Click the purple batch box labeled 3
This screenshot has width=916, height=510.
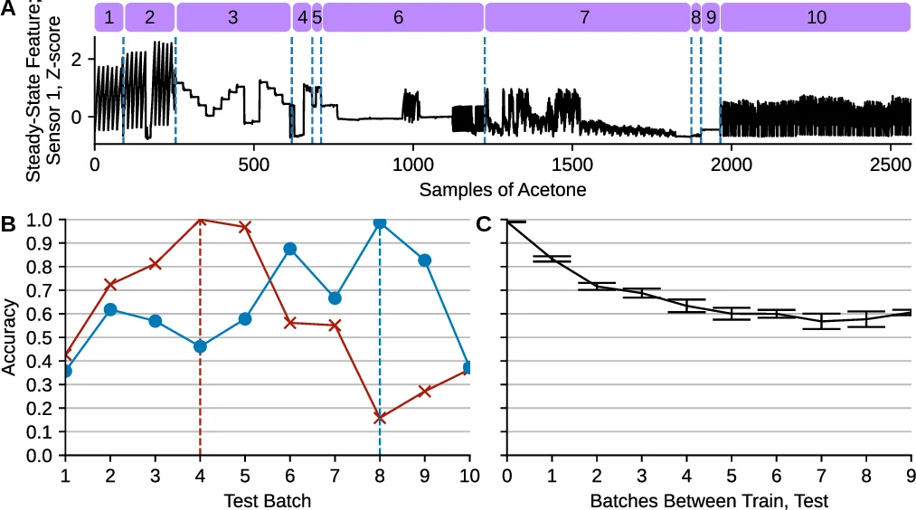point(233,17)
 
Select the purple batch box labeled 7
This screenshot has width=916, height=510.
point(586,17)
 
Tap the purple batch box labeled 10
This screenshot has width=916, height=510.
point(815,17)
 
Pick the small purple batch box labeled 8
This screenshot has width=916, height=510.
point(695,17)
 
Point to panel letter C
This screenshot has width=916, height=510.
point(484,223)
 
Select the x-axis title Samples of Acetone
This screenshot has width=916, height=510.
point(502,190)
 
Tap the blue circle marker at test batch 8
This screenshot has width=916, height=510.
point(380,222)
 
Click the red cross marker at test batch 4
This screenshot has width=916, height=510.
point(201,219)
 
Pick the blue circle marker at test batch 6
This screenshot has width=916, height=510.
point(290,249)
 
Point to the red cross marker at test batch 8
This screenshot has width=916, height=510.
point(380,418)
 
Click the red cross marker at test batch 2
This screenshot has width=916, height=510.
point(110,284)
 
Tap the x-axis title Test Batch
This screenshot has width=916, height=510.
point(267,500)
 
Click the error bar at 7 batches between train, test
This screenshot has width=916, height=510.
point(821,321)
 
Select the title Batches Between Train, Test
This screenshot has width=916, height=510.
point(709,500)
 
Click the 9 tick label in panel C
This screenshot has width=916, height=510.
point(910,477)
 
